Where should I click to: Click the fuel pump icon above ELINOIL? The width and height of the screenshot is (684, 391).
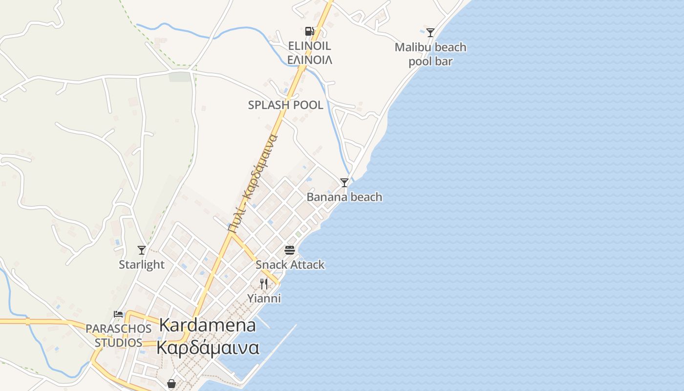309,31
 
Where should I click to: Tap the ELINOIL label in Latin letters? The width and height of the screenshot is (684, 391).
309,46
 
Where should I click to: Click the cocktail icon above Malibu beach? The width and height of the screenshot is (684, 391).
430,33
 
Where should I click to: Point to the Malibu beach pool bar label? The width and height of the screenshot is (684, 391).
430,54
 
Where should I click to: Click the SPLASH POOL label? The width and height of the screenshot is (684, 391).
285,105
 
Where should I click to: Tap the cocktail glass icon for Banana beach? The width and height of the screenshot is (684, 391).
344,183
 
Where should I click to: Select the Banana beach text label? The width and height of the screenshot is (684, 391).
344,197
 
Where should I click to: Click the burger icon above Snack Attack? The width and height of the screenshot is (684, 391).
290,250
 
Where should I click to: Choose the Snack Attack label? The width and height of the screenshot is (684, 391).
290,264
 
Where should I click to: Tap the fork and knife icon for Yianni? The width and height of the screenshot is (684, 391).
264,283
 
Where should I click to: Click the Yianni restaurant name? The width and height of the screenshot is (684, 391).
264,298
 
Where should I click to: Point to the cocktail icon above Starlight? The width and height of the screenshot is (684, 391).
142,250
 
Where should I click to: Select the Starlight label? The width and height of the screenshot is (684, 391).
142,264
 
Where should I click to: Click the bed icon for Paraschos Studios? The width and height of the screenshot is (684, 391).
118,314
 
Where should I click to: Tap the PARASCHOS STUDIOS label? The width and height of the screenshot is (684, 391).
118,335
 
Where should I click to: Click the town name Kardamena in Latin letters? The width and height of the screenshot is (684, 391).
208,325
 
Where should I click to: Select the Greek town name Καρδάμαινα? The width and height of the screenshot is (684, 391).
208,348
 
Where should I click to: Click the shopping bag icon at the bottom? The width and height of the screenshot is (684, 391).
171,384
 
